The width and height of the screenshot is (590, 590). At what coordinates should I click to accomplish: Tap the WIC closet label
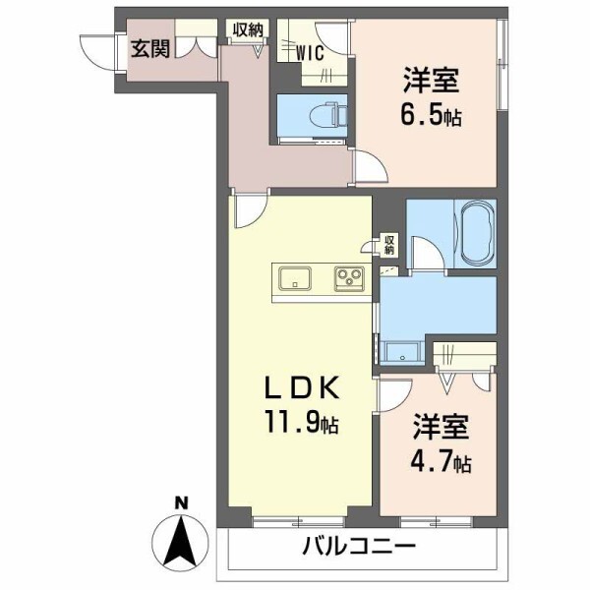point(312,52)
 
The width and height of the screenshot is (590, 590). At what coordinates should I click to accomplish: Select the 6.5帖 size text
point(431,116)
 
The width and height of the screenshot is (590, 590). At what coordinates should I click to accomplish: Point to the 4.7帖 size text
point(441,460)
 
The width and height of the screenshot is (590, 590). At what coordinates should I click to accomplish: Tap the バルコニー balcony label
point(359,547)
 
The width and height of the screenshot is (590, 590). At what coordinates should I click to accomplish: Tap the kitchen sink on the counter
point(296,279)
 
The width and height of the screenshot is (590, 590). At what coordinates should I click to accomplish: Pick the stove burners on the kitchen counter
point(348,279)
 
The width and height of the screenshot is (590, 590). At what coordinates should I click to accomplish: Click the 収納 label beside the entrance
point(248,29)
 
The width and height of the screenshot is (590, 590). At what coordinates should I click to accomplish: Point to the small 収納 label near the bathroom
point(389,242)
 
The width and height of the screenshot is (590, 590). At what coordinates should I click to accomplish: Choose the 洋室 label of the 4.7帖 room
point(441,428)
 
